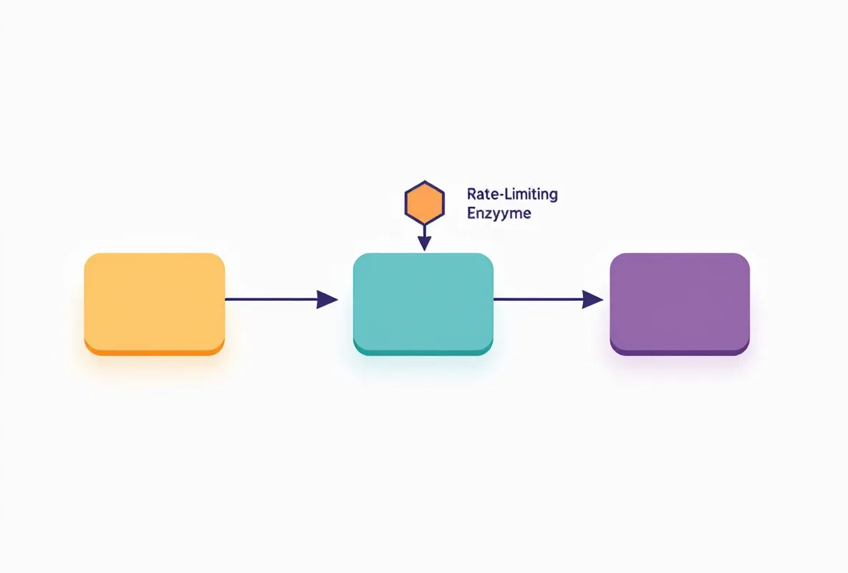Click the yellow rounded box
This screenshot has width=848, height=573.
(155, 304)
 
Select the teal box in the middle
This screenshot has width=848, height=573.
(423, 304)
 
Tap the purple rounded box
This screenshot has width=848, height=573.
(680, 304)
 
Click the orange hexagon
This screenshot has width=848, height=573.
(425, 203)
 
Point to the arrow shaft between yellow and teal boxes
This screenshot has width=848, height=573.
(271, 299)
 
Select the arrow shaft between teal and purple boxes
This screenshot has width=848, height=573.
(538, 299)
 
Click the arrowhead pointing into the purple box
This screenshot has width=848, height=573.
(593, 299)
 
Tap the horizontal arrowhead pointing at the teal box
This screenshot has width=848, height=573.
(327, 299)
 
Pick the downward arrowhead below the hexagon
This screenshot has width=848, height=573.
(425, 243)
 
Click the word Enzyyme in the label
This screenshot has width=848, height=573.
(498, 213)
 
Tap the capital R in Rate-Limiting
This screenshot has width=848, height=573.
(471, 193)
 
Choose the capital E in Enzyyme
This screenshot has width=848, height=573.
(471, 213)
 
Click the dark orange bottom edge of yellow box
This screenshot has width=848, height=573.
(155, 352)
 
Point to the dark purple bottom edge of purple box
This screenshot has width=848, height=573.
(680, 352)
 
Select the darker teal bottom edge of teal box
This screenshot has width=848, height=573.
(423, 352)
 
